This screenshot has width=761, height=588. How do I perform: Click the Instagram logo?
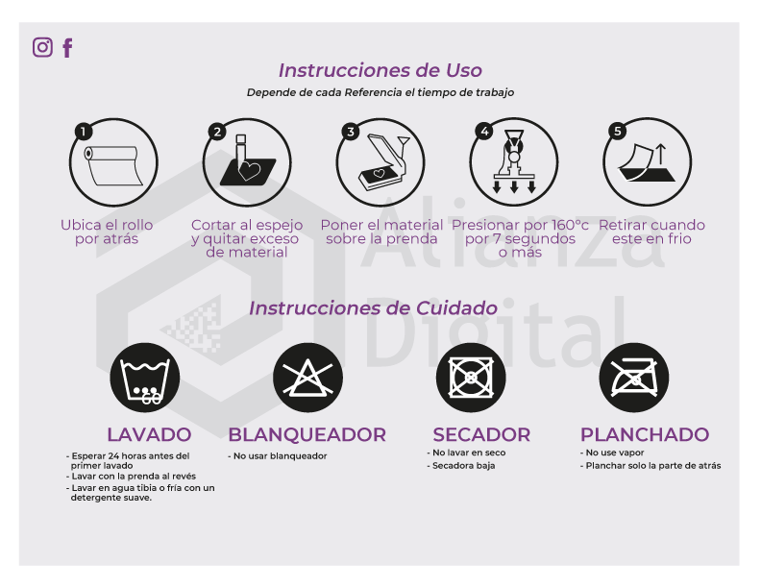pyautogui.click(x=42, y=47)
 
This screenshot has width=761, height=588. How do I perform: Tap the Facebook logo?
pyautogui.click(x=67, y=47)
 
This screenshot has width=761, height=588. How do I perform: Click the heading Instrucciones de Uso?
pyautogui.click(x=380, y=70)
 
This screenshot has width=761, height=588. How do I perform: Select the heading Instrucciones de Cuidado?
pyautogui.click(x=373, y=308)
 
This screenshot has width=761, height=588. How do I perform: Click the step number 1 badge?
pyautogui.click(x=84, y=132)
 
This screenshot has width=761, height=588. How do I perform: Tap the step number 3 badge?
pyautogui.click(x=351, y=132)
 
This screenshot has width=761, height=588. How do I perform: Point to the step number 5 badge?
pyautogui.click(x=617, y=131)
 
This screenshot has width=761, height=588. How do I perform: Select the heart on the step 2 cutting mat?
pyautogui.click(x=250, y=171)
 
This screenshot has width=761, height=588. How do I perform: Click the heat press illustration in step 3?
pyautogui.click(x=383, y=162)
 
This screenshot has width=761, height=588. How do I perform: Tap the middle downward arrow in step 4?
pyautogui.click(x=514, y=187)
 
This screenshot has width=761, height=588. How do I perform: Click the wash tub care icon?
pyautogui.click(x=145, y=378)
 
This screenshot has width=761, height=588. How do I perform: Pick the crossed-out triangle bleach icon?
pyautogui.click(x=307, y=378)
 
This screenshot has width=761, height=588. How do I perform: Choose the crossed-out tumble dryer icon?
pyautogui.click(x=471, y=378)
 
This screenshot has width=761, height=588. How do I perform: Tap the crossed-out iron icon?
pyautogui.click(x=634, y=378)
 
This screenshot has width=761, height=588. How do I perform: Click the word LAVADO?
pyautogui.click(x=149, y=434)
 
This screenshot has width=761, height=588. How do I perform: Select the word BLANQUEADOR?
pyautogui.click(x=307, y=434)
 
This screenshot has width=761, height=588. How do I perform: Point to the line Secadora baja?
pyautogui.click(x=461, y=466)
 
